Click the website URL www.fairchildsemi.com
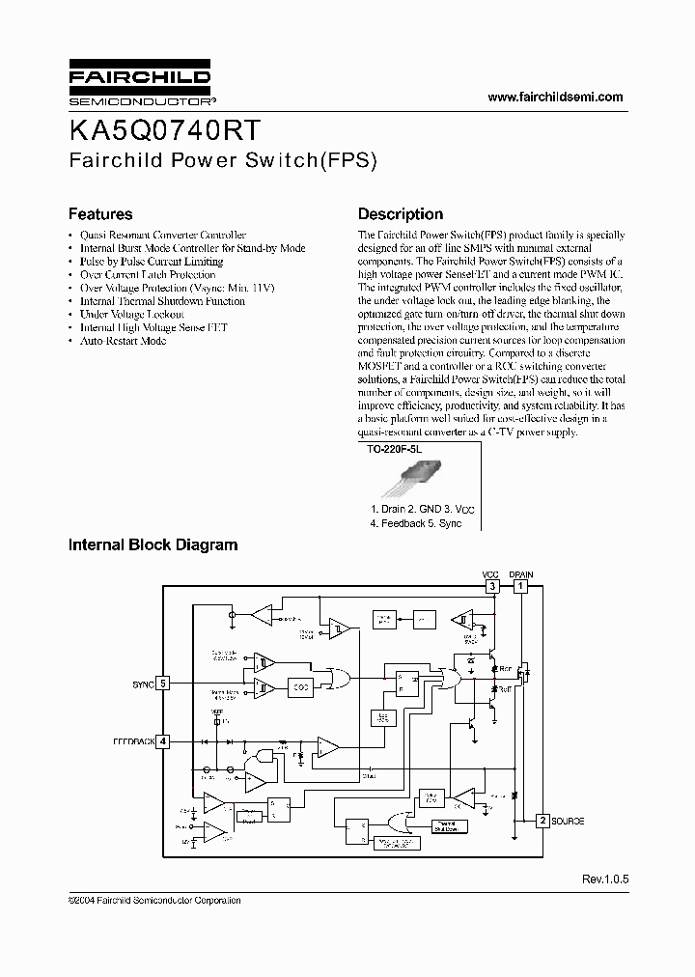(x=555, y=97)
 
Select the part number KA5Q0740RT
(x=163, y=130)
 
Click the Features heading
(x=99, y=214)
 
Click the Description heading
(x=401, y=214)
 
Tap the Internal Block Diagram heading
(x=153, y=544)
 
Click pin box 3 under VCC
(x=491, y=586)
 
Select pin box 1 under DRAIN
(x=520, y=586)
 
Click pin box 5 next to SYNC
(x=163, y=684)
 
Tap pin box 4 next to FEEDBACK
(x=163, y=741)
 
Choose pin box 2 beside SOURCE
(x=542, y=821)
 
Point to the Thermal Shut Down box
(x=445, y=826)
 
